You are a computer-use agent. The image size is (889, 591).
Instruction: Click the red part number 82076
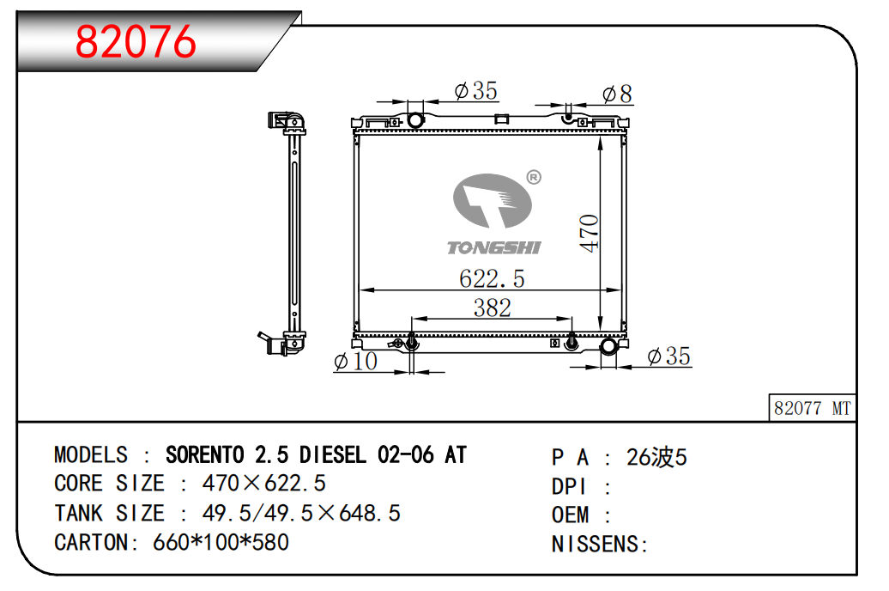click(x=136, y=41)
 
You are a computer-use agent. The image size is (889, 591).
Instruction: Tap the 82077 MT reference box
click(x=812, y=408)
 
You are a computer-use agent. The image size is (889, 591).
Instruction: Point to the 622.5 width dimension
click(x=492, y=279)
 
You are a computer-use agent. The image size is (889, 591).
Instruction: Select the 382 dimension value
click(x=493, y=308)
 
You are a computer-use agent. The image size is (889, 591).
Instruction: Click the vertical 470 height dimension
click(x=589, y=233)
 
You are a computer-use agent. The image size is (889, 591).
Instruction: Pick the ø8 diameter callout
click(x=617, y=94)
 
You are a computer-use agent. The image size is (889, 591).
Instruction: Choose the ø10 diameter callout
click(x=355, y=361)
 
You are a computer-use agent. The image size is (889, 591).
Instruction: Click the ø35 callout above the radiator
click(x=475, y=91)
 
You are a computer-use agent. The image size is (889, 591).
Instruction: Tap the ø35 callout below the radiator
click(x=668, y=356)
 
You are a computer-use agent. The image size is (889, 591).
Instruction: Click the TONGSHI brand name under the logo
click(x=493, y=247)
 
